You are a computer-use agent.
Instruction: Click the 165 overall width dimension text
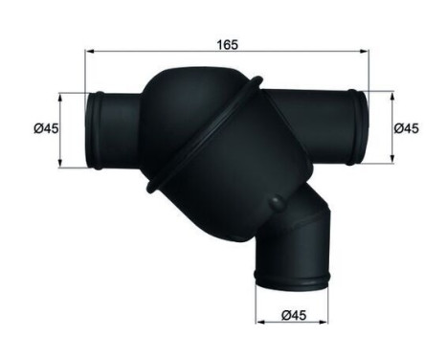click(227, 43)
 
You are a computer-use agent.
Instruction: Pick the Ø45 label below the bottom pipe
click(292, 311)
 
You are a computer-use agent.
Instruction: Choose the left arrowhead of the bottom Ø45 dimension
click(259, 324)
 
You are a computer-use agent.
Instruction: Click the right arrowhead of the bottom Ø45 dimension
click(326, 324)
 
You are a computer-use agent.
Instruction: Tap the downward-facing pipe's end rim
click(292, 281)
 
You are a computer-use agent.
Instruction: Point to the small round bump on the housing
click(277, 203)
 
